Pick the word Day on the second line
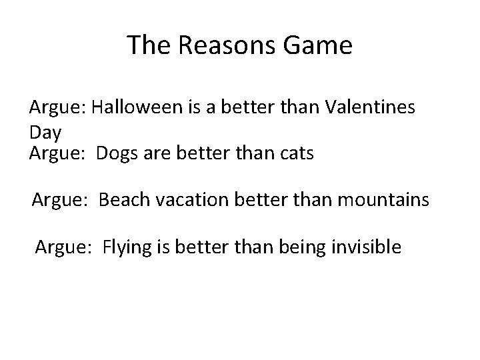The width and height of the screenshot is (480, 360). [45, 133]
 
